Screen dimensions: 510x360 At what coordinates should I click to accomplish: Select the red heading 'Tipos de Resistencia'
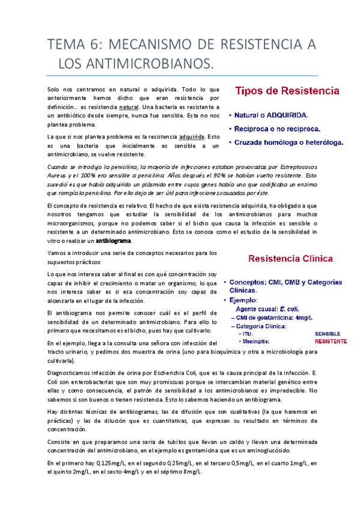(287, 91)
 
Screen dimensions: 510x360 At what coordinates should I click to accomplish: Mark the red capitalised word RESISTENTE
(330, 341)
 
